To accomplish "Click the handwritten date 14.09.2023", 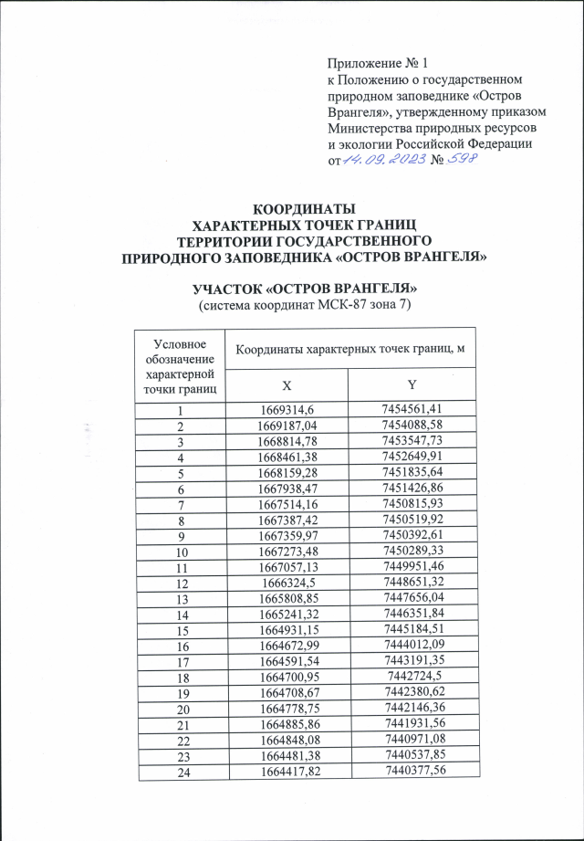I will coord(375,161).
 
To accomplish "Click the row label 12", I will coord(179,582).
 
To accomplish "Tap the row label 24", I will coord(179,769).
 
